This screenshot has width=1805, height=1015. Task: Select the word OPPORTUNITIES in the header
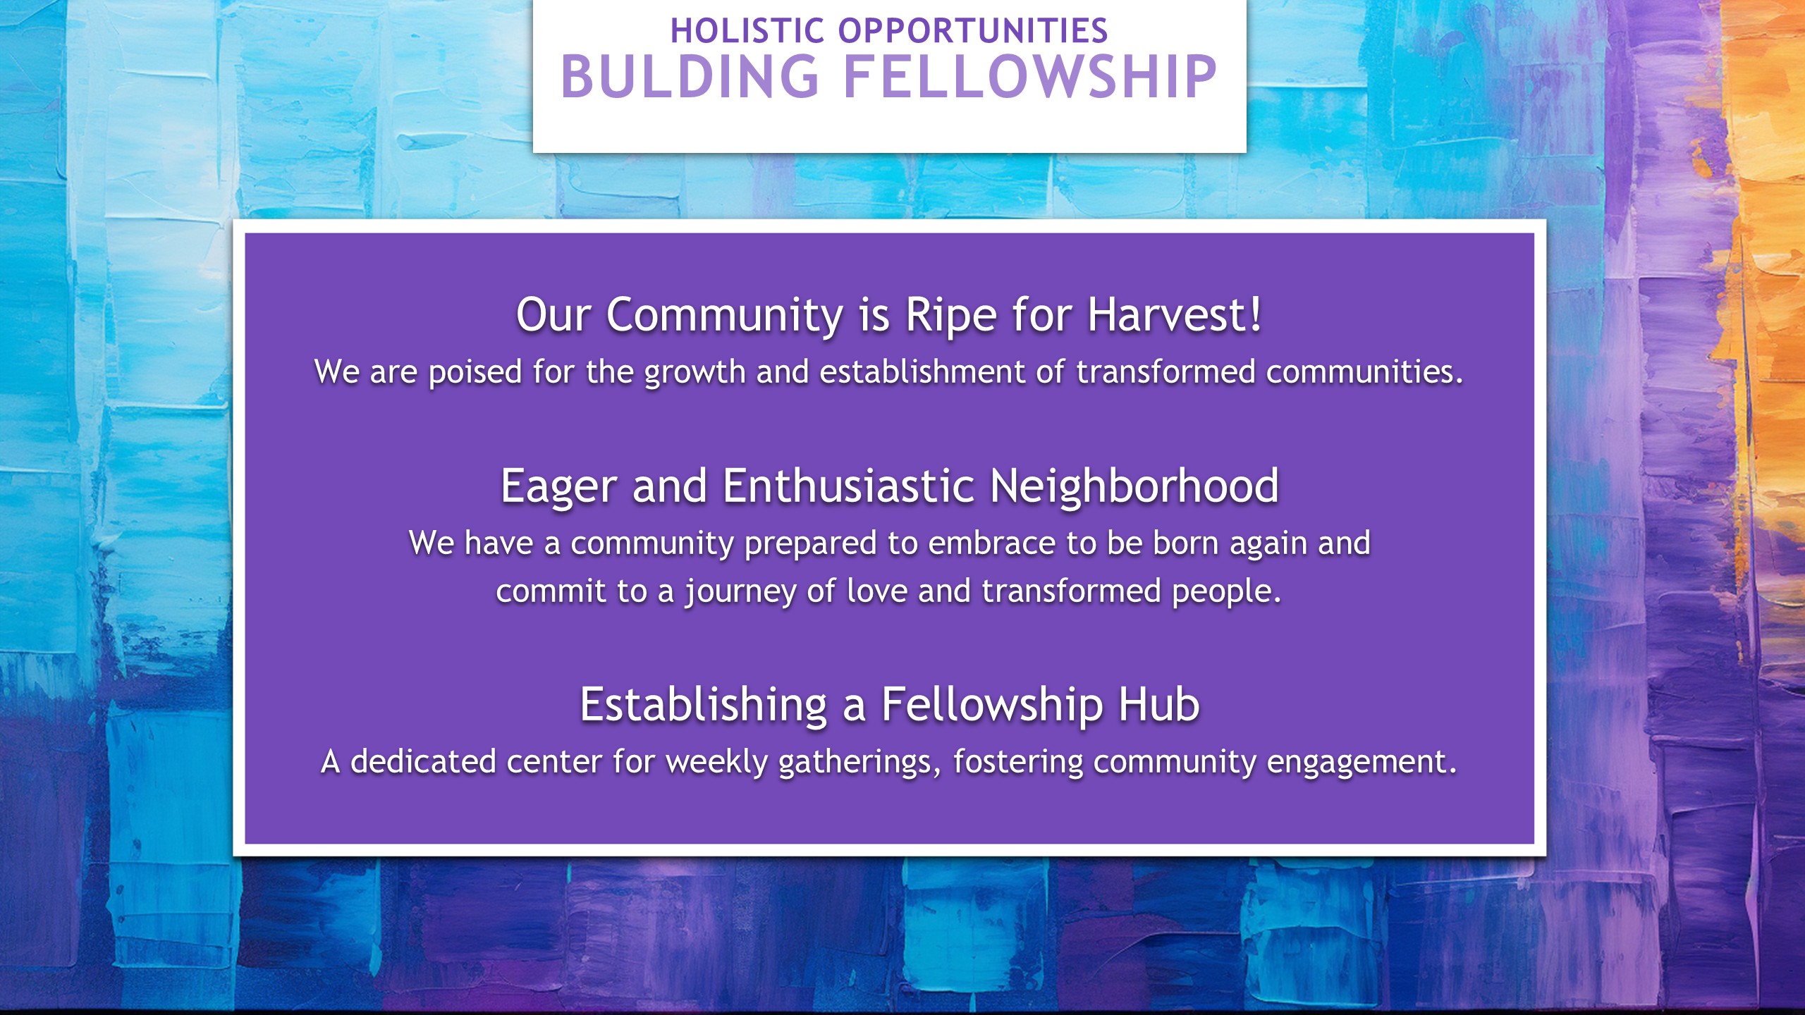(973, 31)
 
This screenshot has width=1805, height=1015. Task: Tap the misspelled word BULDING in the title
(690, 76)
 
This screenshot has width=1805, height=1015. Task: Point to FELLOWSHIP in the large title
(1030, 76)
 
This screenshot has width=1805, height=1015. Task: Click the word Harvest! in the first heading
(1175, 314)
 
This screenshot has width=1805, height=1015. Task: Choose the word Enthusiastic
(849, 486)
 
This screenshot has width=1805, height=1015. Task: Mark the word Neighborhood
(1134, 487)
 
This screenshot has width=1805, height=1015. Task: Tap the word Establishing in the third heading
(704, 706)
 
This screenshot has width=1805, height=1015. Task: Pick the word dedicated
(423, 761)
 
